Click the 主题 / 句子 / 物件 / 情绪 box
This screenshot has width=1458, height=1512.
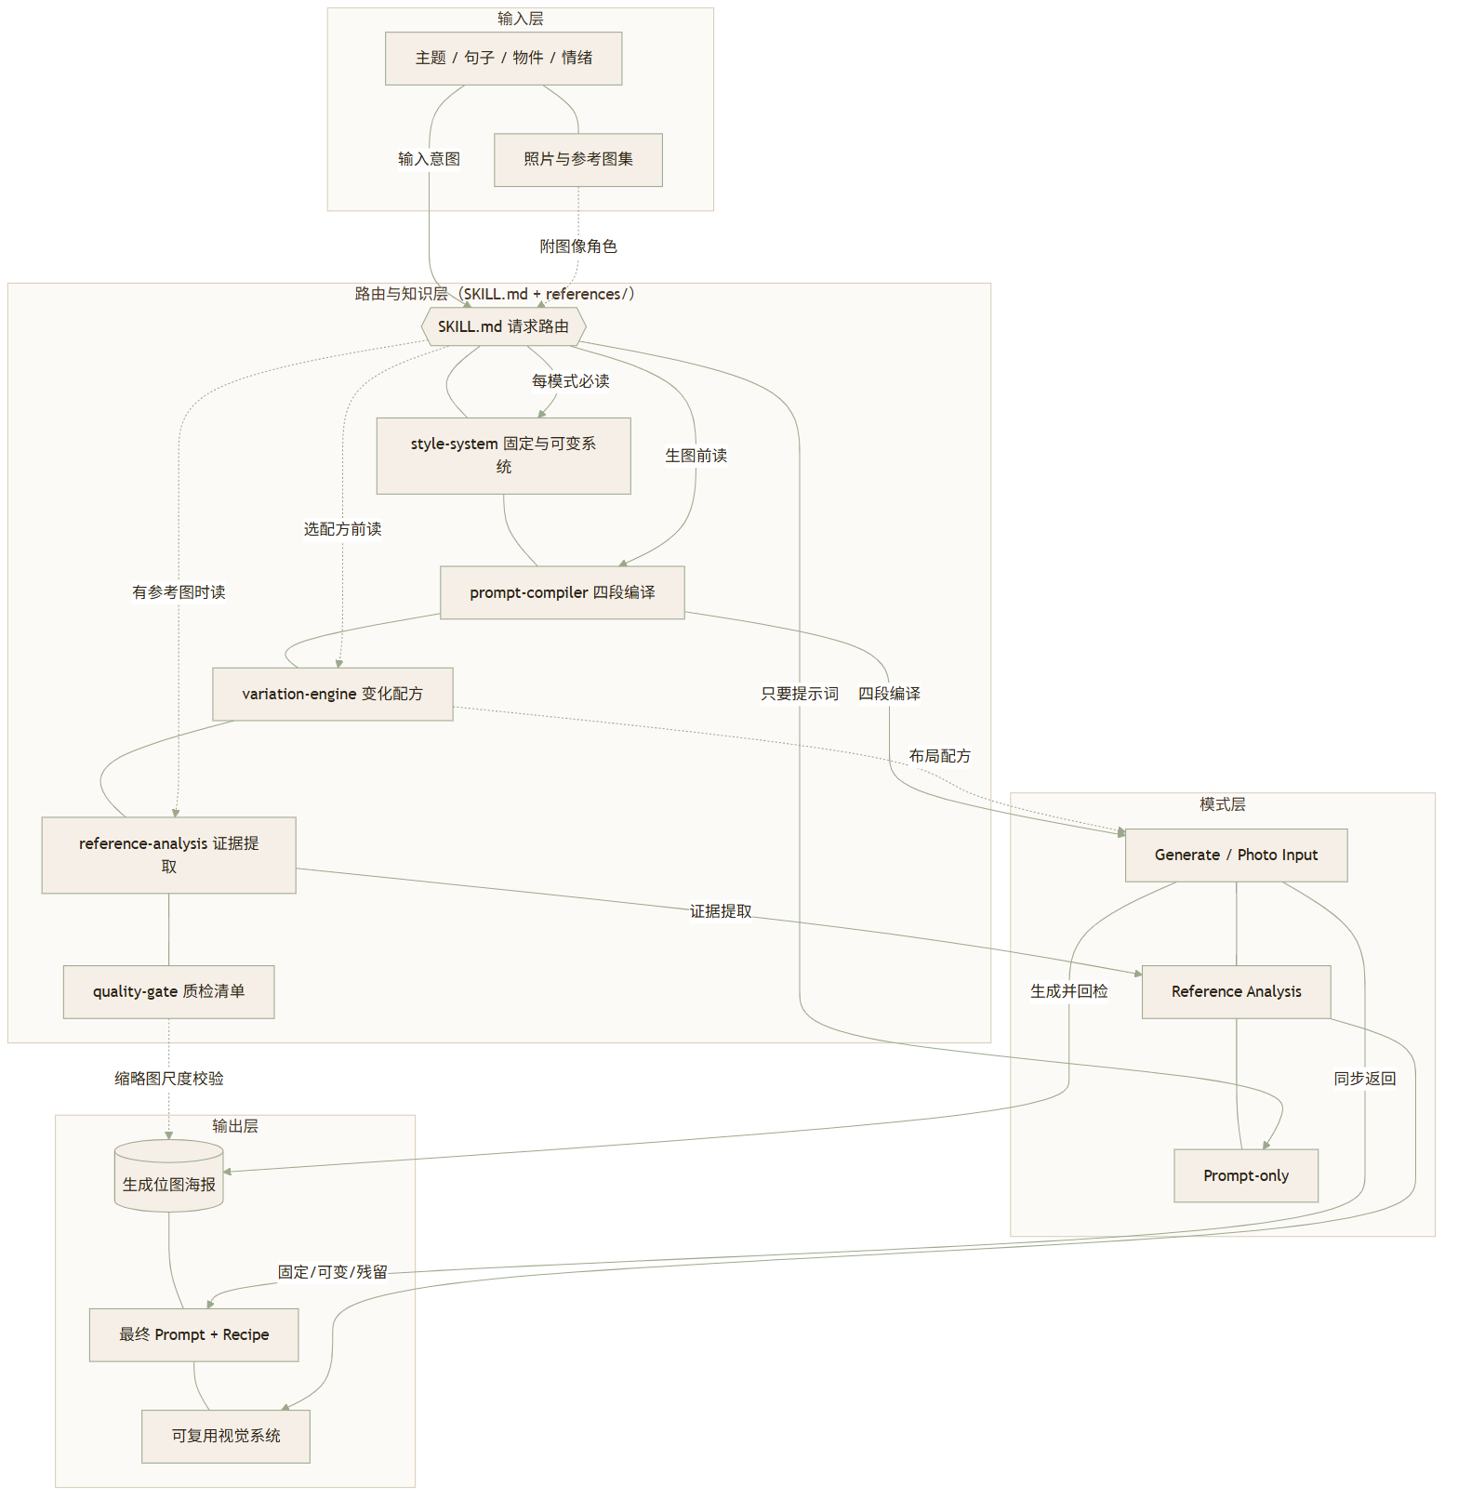[503, 59]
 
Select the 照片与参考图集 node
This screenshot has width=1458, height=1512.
[577, 160]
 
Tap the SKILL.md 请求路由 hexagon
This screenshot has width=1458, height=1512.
[503, 327]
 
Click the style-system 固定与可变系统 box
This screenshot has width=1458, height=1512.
[503, 456]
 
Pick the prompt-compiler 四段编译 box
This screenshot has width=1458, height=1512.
[562, 592]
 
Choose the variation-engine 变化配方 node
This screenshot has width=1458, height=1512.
[332, 694]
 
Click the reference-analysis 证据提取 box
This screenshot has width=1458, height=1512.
[168, 855]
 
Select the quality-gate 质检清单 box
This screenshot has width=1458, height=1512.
[168, 992]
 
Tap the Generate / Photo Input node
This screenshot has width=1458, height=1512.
[1236, 855]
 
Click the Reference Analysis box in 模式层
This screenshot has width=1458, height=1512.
[1236, 992]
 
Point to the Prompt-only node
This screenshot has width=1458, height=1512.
[1246, 1176]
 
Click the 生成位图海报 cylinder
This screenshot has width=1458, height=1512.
[168, 1176]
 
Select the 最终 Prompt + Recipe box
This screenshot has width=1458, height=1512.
[193, 1335]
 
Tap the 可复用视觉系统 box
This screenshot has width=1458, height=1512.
[225, 1437]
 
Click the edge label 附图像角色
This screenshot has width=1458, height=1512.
[578, 246]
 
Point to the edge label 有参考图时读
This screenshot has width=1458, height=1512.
[179, 592]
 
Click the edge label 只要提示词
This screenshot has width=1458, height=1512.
[800, 694]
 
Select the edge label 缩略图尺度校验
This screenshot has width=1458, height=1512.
[168, 1079]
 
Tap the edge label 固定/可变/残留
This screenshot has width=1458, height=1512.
[333, 1272]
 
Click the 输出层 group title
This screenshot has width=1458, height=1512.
[235, 1126]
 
